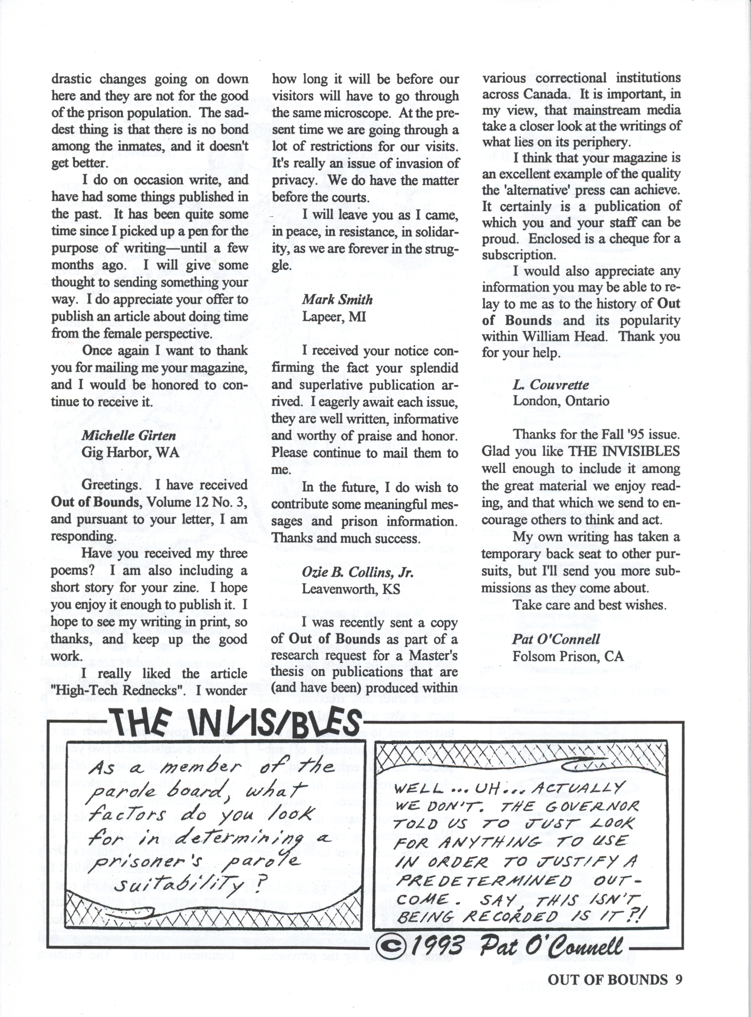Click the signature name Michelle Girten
(x=128, y=436)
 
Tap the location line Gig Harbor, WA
(x=130, y=452)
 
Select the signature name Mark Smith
(x=337, y=299)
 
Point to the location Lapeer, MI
(x=334, y=316)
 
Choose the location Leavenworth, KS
(x=351, y=589)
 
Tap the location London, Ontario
(x=561, y=401)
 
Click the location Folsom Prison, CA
(x=568, y=656)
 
